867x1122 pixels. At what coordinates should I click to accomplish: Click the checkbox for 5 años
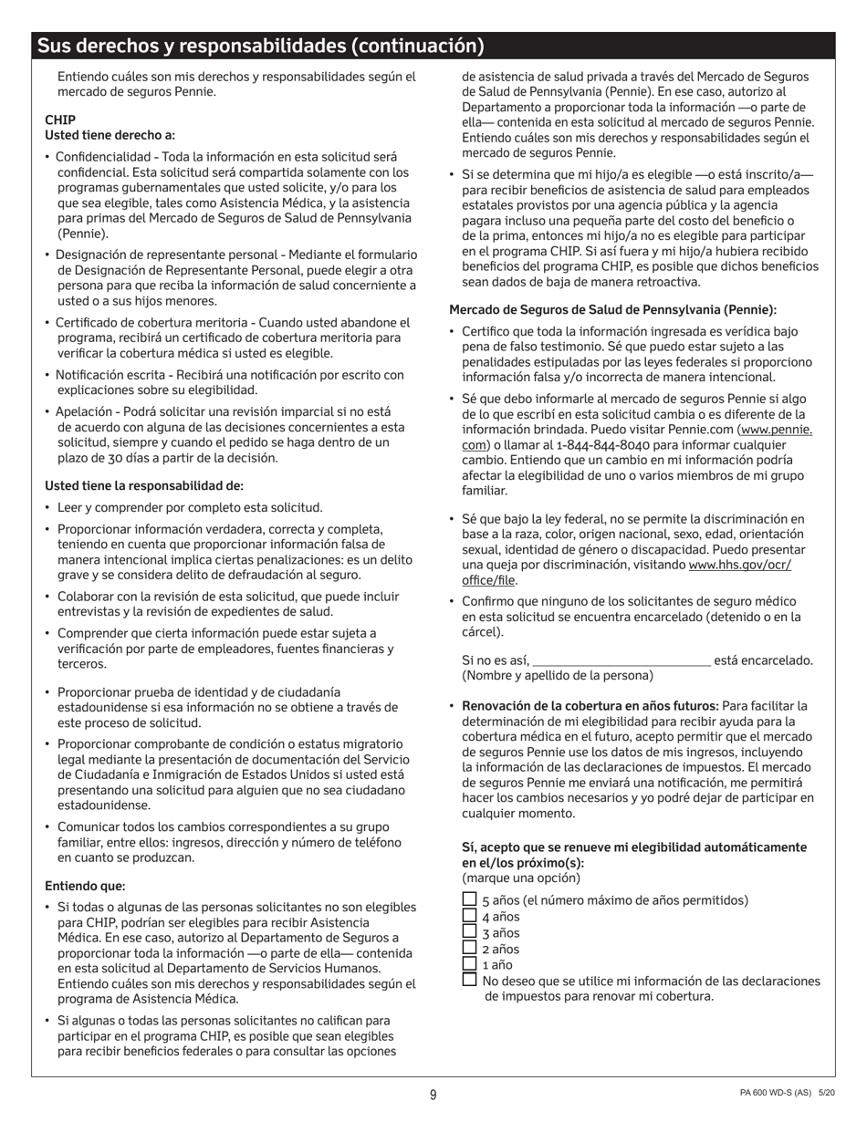click(469, 899)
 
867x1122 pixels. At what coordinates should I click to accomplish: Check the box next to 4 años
click(469, 916)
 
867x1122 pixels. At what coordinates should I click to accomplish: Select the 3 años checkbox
click(469, 931)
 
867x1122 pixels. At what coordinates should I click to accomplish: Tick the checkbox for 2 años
click(469, 948)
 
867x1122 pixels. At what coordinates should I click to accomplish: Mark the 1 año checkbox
click(469, 963)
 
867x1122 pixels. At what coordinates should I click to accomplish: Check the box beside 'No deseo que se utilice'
click(469, 980)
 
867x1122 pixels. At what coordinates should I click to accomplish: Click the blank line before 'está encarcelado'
click(621, 660)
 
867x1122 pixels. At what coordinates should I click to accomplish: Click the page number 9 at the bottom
click(433, 1095)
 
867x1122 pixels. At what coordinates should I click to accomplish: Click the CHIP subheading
click(60, 119)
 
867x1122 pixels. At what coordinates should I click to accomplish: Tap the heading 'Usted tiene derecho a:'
click(110, 135)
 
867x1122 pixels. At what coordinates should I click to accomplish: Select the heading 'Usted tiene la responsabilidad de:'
click(144, 485)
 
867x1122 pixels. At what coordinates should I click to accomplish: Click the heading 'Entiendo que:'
click(85, 886)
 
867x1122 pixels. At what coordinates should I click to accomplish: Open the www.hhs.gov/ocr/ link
click(739, 565)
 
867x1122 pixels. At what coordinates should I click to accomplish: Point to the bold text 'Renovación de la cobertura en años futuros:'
click(590, 705)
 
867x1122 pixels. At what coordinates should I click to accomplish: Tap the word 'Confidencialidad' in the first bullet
click(105, 157)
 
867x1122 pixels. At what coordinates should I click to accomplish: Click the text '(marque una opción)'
click(520, 878)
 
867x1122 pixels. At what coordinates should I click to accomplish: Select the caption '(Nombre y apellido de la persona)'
click(558, 676)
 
